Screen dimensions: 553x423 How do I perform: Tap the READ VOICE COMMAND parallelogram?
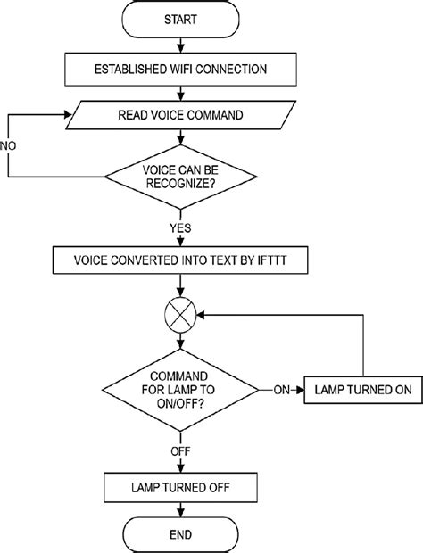click(183, 114)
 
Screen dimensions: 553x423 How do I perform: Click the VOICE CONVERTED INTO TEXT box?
click(183, 260)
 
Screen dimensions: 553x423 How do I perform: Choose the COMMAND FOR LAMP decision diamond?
click(183, 390)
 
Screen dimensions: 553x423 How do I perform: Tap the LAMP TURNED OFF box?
click(183, 487)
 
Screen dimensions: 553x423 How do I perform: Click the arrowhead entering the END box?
click(183, 512)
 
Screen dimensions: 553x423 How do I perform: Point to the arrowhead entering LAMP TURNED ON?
click(301, 390)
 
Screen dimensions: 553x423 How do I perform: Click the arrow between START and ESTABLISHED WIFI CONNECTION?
click(183, 45)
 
